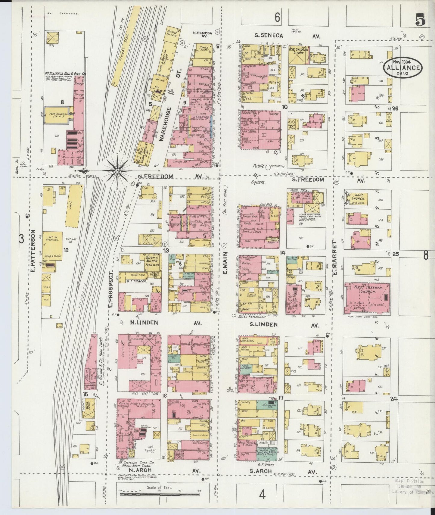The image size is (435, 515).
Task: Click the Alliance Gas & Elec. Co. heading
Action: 65,73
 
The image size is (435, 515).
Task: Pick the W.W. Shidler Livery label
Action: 298,51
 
